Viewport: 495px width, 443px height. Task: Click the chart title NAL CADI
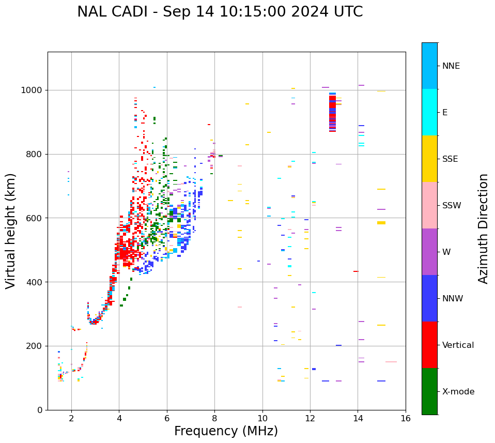220,12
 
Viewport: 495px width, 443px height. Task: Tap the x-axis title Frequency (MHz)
226,431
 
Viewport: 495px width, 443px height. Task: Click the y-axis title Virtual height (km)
11,231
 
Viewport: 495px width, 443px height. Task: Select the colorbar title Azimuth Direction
483,228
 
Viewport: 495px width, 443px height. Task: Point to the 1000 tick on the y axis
34,90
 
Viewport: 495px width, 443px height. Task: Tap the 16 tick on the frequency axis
406,418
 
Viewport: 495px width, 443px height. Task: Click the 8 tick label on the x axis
214,418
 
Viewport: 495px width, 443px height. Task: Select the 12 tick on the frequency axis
310,418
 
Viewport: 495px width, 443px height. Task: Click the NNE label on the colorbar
451,66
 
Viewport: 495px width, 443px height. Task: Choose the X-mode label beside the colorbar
458,392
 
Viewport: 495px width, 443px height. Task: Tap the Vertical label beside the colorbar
458,345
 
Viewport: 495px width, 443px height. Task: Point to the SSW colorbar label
452,206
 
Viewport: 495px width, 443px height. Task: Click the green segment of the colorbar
429,391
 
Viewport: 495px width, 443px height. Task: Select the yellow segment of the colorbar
429,159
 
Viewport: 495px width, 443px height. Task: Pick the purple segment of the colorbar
429,252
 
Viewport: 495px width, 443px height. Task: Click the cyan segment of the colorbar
429,112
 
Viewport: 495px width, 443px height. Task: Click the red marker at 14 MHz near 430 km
355,271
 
